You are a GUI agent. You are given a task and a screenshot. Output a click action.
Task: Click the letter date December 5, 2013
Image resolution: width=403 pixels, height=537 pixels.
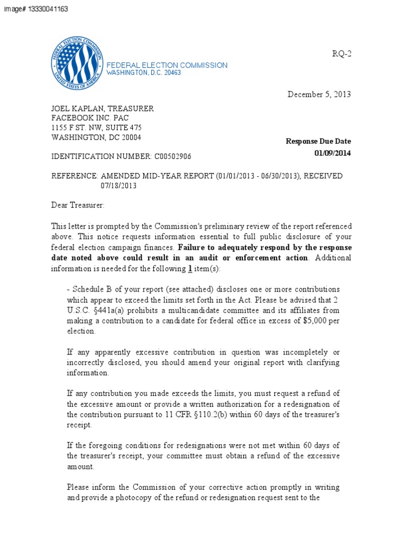[x=319, y=94]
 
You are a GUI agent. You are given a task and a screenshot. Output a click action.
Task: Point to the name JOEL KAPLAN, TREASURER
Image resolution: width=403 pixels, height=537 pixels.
[x=102, y=109]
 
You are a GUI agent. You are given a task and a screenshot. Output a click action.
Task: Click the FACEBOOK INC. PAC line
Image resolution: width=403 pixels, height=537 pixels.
[x=90, y=118]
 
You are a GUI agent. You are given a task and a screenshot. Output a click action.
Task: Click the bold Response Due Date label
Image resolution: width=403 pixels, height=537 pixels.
[x=318, y=141]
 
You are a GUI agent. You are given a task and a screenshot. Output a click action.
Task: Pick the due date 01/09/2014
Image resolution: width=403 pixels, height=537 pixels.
[x=333, y=153]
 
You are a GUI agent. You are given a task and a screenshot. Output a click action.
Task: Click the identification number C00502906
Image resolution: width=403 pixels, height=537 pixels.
[x=173, y=157]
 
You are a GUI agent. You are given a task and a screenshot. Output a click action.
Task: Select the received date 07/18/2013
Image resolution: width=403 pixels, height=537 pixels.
[x=119, y=186]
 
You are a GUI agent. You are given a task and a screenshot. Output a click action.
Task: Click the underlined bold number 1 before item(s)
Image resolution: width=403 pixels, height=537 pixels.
[x=190, y=268]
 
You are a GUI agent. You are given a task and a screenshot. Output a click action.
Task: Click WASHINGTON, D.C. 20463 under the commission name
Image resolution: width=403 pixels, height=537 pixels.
[x=144, y=73]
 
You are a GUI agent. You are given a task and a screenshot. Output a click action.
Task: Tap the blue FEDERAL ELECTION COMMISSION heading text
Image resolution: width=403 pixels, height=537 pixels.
[x=167, y=65]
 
